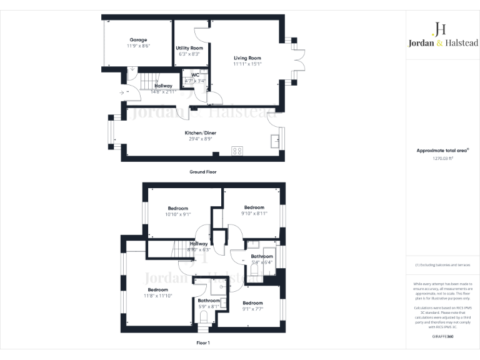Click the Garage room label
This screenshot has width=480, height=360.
138,40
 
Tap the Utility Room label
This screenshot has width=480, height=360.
189,48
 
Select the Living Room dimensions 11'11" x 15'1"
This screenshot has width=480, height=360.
247,64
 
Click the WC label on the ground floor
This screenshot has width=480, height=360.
195,75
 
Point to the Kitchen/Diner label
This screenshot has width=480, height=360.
201,133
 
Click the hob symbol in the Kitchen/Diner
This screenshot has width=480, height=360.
237,150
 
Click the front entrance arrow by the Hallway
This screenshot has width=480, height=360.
122,93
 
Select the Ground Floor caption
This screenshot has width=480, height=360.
202,172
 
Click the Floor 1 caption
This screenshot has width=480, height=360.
203,343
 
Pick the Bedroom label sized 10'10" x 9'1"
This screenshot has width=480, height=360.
177,209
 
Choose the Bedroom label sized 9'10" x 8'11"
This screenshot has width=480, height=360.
254,207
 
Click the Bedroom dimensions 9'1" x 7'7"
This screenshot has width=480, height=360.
253,309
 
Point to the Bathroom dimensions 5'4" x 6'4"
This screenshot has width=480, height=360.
262,262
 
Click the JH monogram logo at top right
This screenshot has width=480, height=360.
440,28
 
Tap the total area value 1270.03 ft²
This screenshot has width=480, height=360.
442,159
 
